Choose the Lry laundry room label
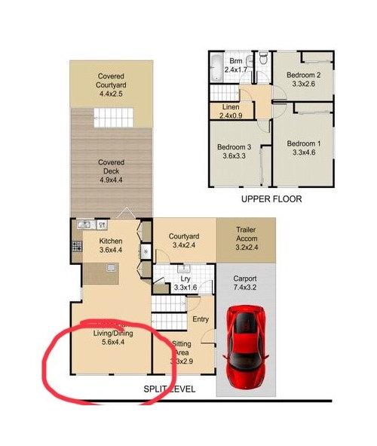coord(184,278)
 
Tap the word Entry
coord(200,319)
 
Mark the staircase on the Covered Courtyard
coord(112,118)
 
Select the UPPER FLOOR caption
coord(271,199)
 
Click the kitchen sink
coord(84,224)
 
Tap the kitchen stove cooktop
coord(76,246)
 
